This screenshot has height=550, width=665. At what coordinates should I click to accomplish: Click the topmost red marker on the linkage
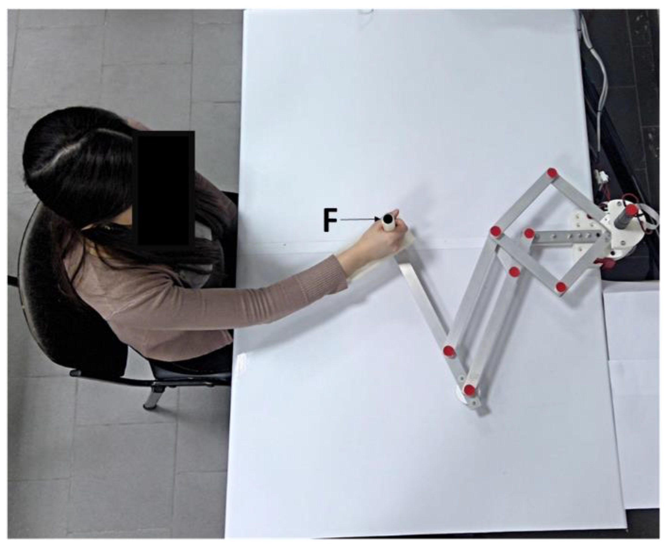click(552, 173)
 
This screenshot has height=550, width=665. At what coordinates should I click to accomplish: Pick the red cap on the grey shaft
click(631, 209)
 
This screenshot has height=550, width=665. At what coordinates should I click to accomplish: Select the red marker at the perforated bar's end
click(529, 234)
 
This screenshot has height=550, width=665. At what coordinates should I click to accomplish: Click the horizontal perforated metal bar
click(567, 237)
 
